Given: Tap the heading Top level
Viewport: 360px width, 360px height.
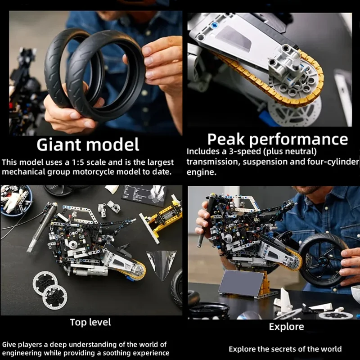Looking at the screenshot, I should (x=90, y=322).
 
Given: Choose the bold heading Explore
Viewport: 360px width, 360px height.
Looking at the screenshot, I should (x=286, y=327).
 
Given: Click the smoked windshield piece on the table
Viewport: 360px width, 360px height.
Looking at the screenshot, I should (x=161, y=263).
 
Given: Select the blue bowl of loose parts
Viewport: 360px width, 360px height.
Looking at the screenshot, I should (x=15, y=200).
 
